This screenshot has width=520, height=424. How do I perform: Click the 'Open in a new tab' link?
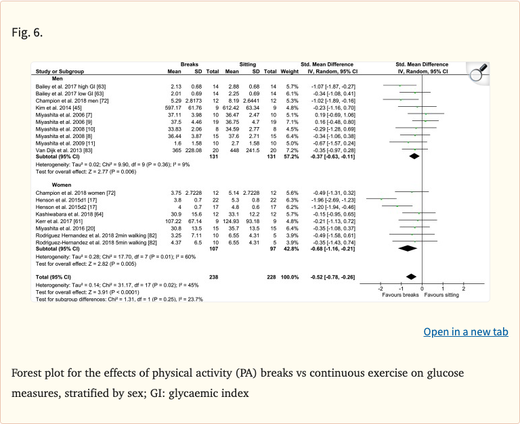click(466, 331)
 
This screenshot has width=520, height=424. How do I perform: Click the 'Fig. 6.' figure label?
click(28, 33)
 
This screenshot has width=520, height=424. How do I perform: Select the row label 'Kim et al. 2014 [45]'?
click(60, 107)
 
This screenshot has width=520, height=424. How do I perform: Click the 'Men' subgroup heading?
click(48, 78)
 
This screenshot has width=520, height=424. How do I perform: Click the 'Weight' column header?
click(289, 71)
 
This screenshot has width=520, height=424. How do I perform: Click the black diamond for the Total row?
click(410, 277)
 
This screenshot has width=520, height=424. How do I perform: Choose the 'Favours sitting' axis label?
click(443, 296)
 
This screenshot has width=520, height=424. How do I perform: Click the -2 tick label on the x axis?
click(380, 289)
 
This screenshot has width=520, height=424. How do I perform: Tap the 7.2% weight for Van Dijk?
click(291, 150)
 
